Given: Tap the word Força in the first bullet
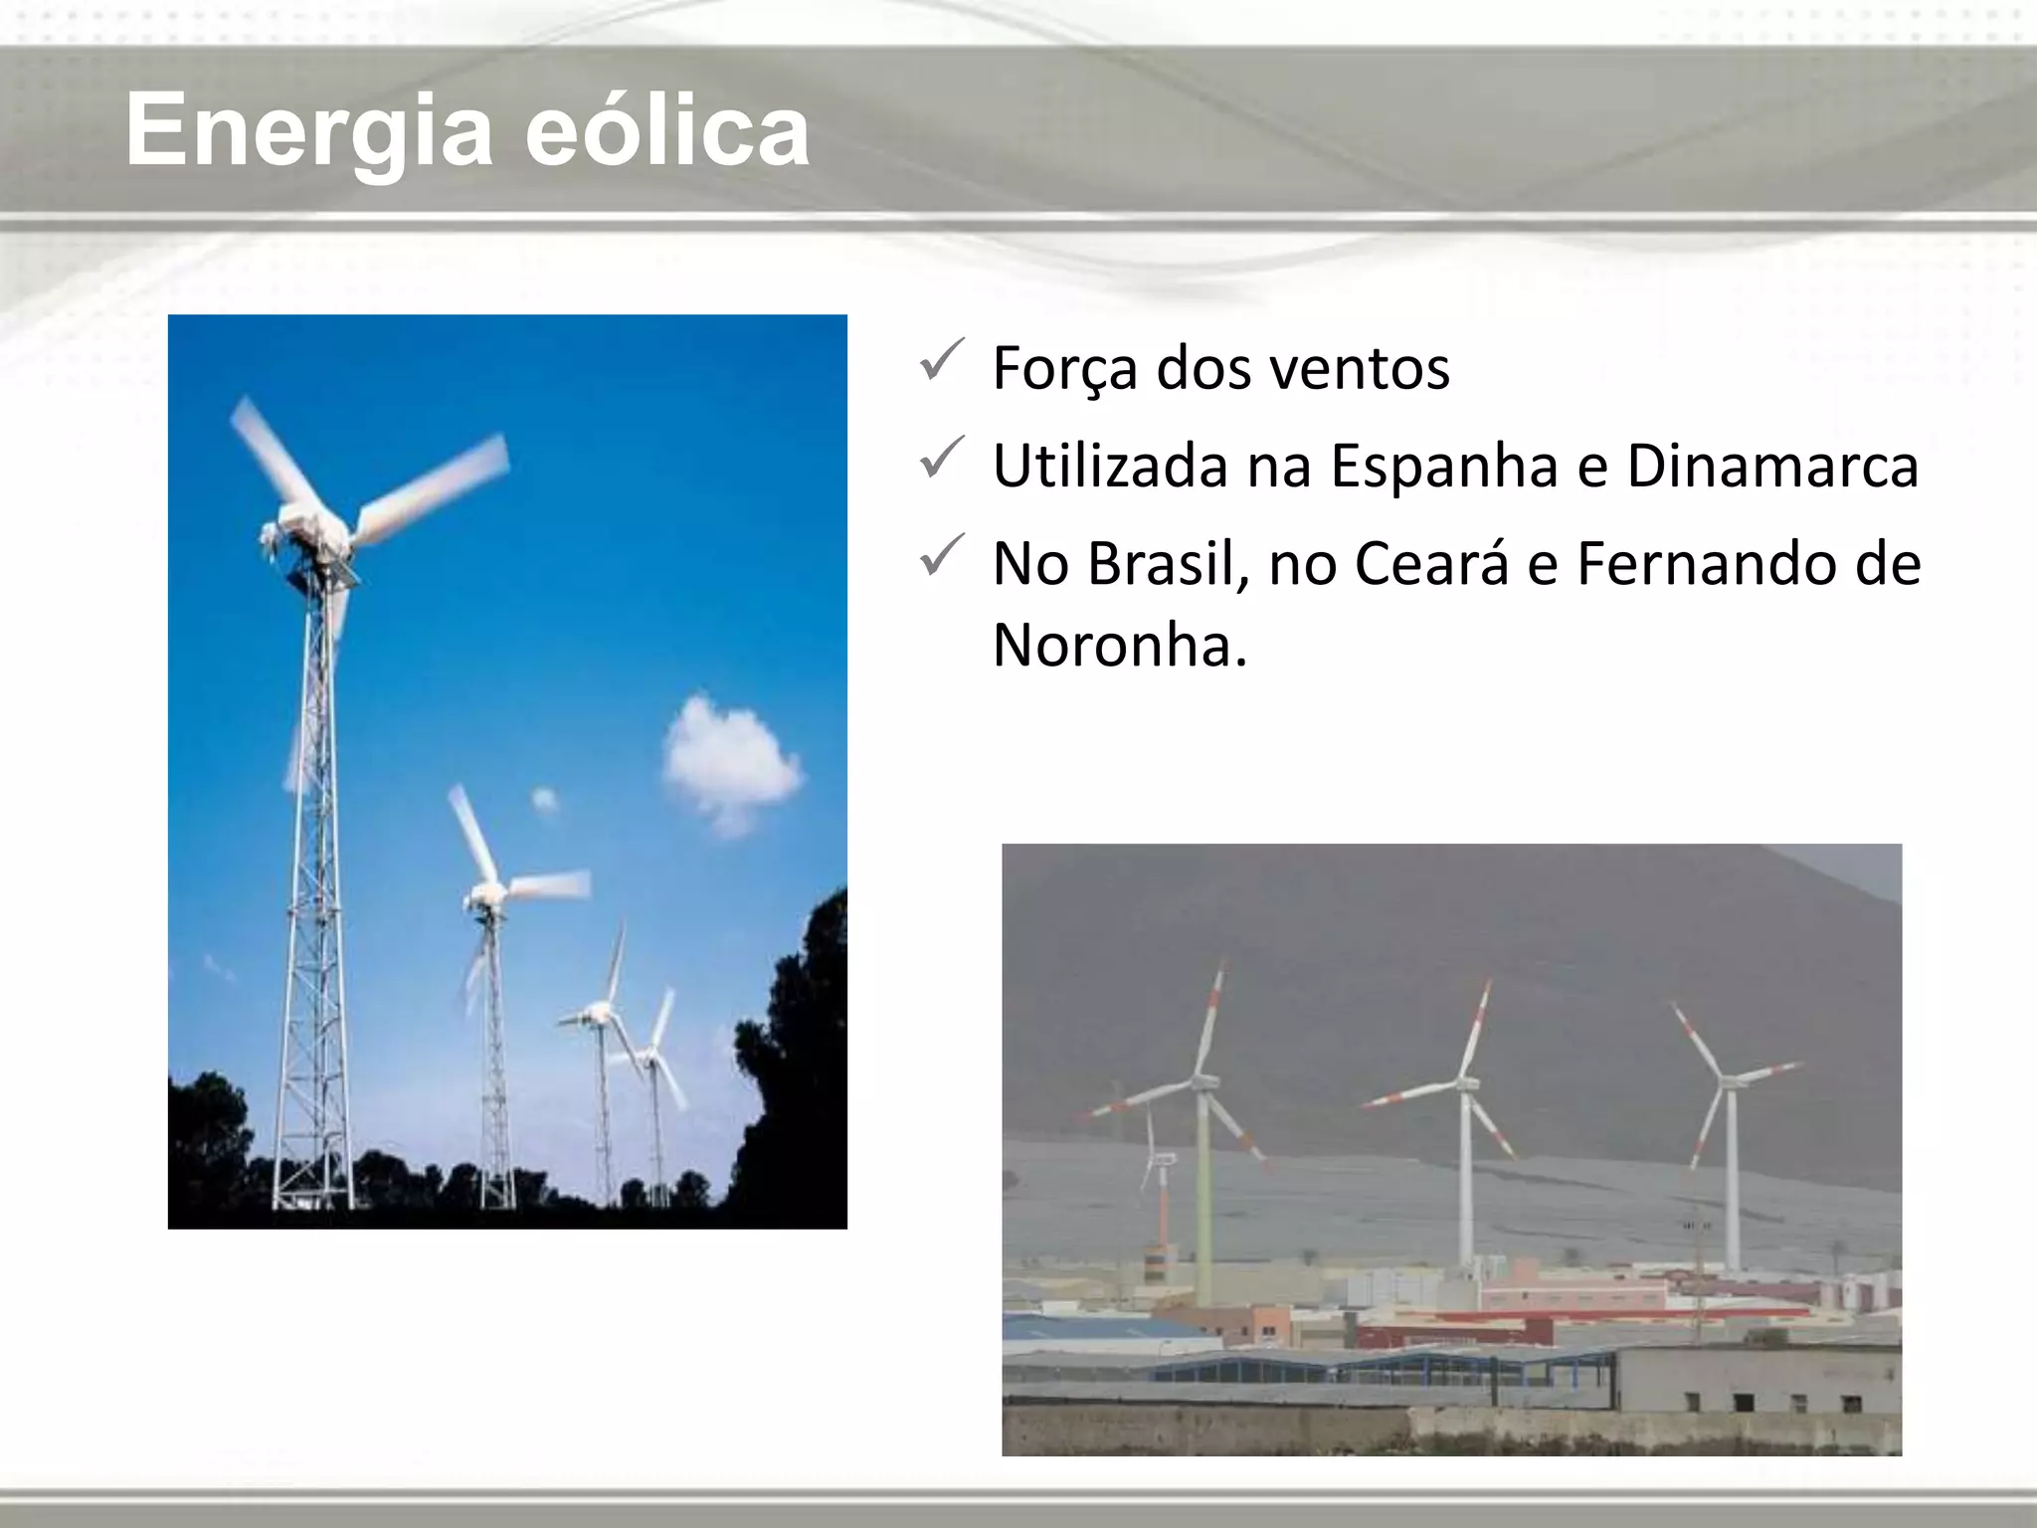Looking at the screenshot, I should click(1065, 368).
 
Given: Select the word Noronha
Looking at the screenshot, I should click(1119, 645).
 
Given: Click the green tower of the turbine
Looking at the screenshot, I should click(1204, 1194).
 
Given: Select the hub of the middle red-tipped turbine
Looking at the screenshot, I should click(1464, 1084).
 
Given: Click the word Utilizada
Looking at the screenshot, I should click(1110, 465).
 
